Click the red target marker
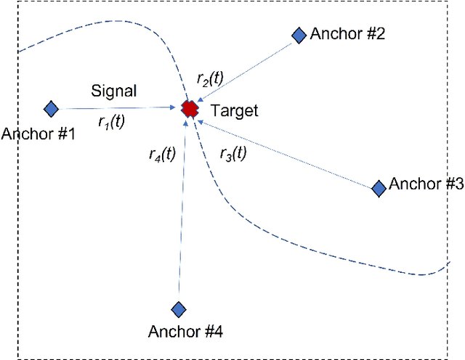point(190,109)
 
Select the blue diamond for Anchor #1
point(51,109)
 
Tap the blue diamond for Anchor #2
point(299,34)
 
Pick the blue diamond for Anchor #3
point(379,188)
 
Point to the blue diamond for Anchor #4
point(179,309)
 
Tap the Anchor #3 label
point(426,184)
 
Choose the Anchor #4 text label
point(185,332)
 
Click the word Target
point(234,111)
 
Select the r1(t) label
point(111,122)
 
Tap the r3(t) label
point(232,153)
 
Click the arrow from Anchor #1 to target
point(116,109)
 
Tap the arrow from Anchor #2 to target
point(247,70)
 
